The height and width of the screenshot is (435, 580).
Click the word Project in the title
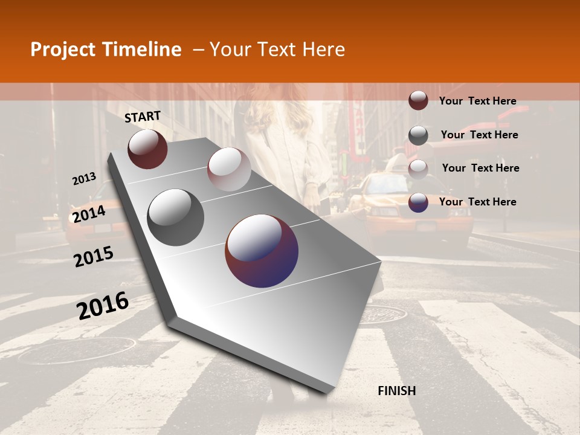tap(62, 50)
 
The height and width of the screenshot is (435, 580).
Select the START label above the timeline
tap(143, 117)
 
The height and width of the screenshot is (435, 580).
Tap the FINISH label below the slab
tap(397, 391)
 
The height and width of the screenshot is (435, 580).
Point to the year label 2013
tap(84, 179)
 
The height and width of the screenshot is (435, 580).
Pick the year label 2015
tap(94, 257)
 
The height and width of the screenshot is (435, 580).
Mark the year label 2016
tap(103, 306)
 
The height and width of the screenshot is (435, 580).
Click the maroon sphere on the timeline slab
tap(147, 149)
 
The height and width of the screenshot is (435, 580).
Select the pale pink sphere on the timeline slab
tap(229, 169)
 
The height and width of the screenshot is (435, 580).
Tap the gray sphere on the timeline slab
tap(176, 217)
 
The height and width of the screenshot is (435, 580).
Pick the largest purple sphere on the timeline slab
tap(262, 251)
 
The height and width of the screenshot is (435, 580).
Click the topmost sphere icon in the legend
tap(418, 100)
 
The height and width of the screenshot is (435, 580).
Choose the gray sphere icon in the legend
tap(418, 135)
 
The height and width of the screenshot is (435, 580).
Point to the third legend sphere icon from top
tap(418, 169)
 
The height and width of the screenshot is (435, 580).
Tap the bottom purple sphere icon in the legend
tap(418, 202)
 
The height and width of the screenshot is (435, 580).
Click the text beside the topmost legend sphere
tap(477, 101)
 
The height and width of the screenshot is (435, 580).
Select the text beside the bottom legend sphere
tap(477, 202)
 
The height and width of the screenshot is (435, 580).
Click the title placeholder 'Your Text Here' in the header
tap(277, 50)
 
